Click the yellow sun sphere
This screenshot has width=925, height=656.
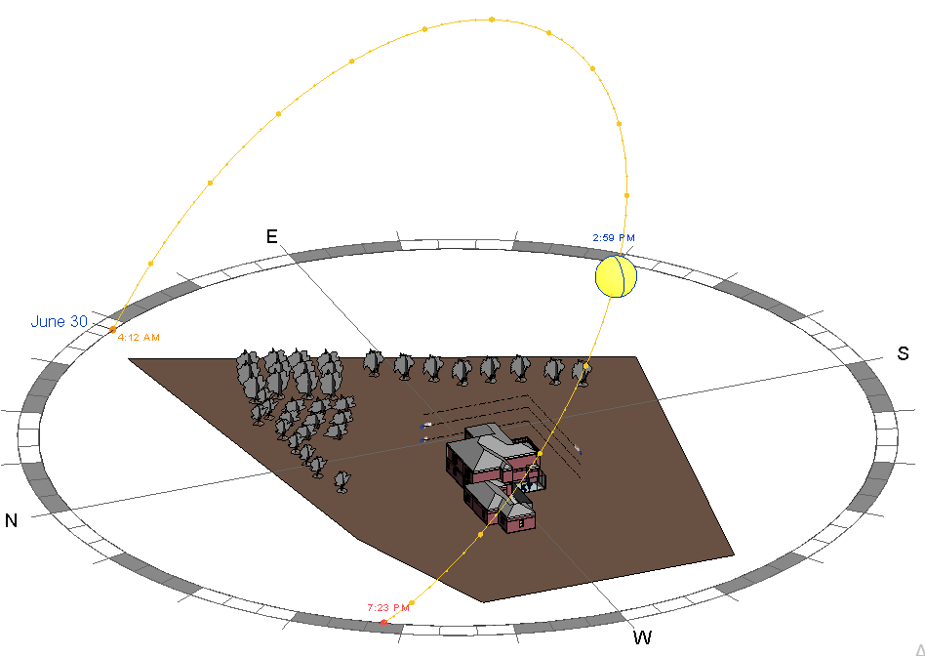[x=616, y=275]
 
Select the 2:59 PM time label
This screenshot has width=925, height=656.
[x=614, y=238]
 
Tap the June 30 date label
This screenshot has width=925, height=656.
[x=59, y=322]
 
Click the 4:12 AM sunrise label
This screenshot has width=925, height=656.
[x=139, y=338]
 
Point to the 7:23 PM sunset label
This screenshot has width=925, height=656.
[x=388, y=607]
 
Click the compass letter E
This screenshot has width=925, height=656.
[x=271, y=237]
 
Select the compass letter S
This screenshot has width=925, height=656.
[x=903, y=353]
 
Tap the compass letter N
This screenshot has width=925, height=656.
[x=11, y=520]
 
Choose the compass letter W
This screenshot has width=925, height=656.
[x=642, y=637]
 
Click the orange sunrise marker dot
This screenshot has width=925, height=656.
[x=112, y=329]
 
